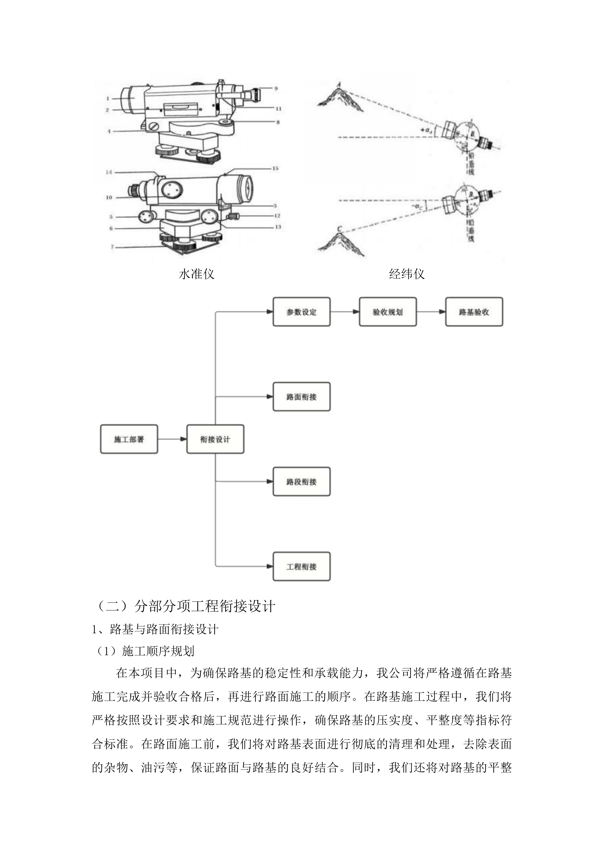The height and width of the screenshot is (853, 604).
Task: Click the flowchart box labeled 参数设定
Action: [301, 312]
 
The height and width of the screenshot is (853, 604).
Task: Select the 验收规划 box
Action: [388, 312]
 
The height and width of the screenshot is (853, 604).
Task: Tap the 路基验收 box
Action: [474, 312]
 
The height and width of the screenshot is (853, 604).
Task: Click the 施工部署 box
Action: [129, 439]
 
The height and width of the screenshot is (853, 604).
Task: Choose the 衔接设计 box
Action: [215, 439]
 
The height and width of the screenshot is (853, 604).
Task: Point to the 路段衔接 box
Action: [301, 481]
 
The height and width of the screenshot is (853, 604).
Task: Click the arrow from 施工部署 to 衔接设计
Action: [172, 439]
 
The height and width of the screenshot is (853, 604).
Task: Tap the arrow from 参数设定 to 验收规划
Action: [344, 312]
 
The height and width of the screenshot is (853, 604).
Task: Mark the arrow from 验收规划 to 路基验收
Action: [431, 312]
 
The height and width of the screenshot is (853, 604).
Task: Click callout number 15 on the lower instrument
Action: [275, 168]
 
